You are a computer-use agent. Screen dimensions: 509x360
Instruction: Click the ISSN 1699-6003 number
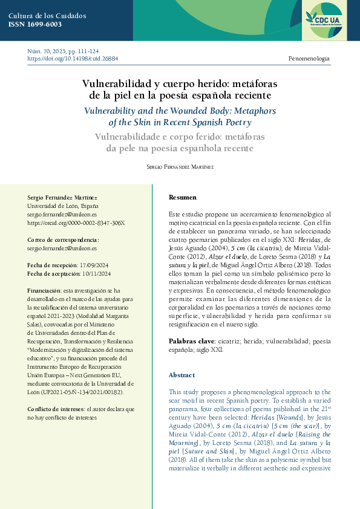click(35, 24)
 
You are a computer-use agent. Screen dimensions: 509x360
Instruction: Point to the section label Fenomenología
click(309, 59)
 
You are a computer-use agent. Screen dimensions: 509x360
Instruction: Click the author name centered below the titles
click(180, 166)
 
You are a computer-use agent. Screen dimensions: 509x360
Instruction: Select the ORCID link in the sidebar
click(76, 222)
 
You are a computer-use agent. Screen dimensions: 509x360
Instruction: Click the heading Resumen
click(182, 198)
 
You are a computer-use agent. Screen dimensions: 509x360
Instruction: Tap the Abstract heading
click(182, 375)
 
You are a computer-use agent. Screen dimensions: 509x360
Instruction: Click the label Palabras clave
click(189, 342)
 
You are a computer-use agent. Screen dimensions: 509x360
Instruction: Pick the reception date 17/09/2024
click(95, 265)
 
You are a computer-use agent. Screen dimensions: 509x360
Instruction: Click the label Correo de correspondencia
click(64, 239)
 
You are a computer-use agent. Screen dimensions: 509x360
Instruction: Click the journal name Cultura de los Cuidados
click(47, 15)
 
